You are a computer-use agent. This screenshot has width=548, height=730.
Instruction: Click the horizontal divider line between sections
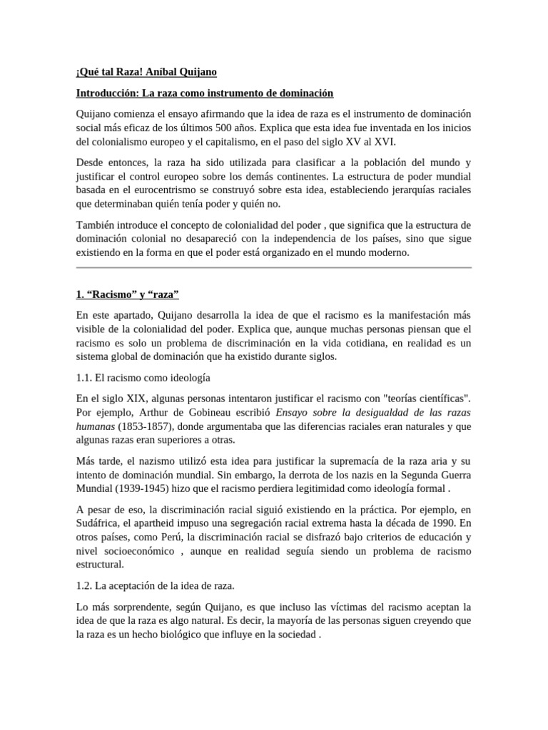point(273,268)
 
